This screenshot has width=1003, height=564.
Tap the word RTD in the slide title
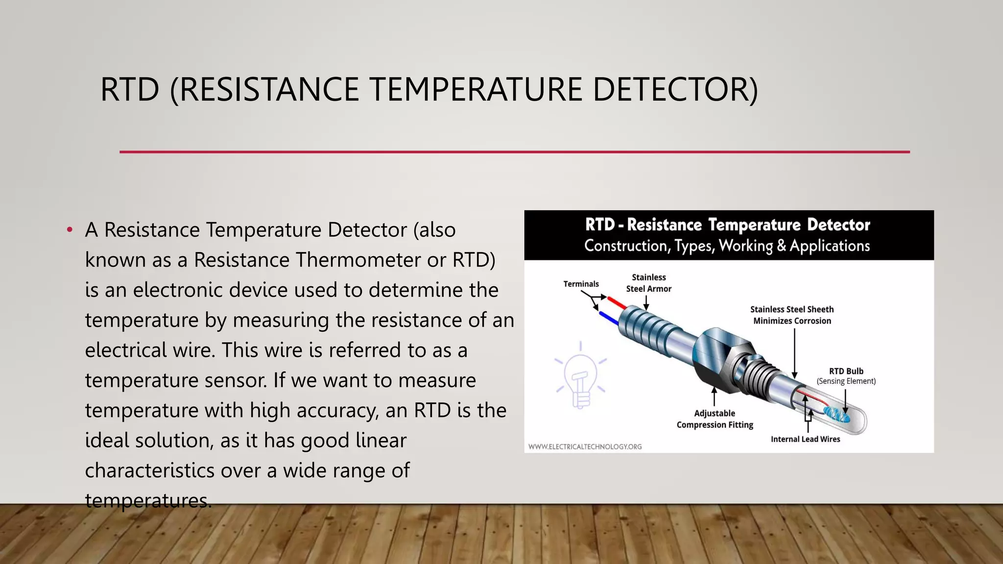[x=130, y=90]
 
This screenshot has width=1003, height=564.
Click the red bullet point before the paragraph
[x=70, y=229]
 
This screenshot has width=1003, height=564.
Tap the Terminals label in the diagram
[x=581, y=284]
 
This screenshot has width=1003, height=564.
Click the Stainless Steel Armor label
[x=648, y=283]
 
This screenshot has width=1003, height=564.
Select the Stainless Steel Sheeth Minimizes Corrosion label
[x=792, y=315]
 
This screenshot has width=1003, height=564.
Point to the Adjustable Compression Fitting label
[x=715, y=419]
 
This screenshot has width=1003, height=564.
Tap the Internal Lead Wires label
[x=805, y=439]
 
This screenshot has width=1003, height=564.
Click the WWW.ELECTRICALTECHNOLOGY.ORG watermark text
[x=585, y=446]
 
